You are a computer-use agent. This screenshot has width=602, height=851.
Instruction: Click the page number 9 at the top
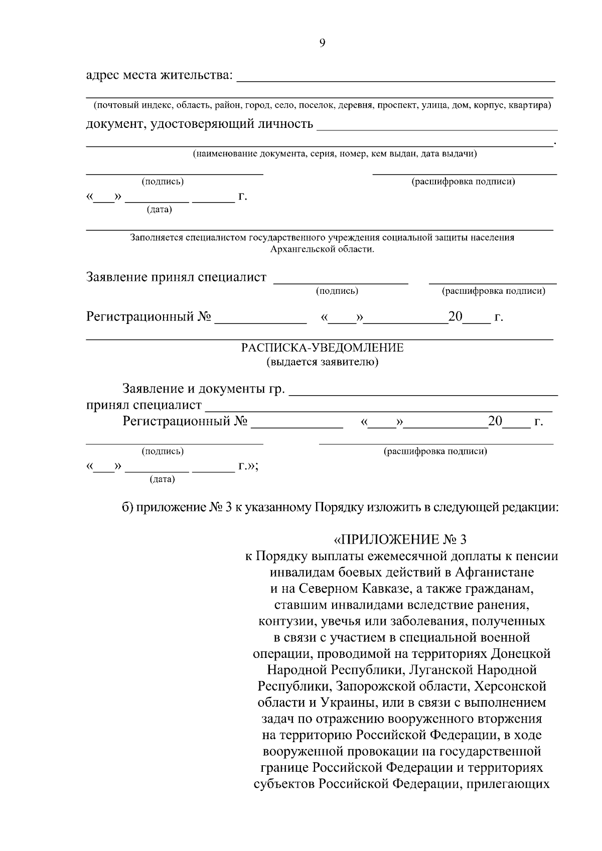[x=322, y=43]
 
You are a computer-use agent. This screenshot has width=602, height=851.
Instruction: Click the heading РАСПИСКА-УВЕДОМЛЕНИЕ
[x=322, y=348]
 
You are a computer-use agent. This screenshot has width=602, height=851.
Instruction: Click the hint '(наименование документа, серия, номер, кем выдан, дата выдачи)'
[x=335, y=154]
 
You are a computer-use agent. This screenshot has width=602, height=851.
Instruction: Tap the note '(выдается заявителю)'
[x=322, y=362]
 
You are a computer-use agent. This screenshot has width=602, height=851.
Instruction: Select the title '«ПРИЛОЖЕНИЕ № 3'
[x=400, y=540]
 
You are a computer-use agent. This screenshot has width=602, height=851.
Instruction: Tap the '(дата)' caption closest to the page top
[x=159, y=210]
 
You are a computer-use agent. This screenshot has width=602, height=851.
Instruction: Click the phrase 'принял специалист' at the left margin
[x=144, y=405]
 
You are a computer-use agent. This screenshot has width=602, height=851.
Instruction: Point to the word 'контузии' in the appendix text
[x=281, y=621]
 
